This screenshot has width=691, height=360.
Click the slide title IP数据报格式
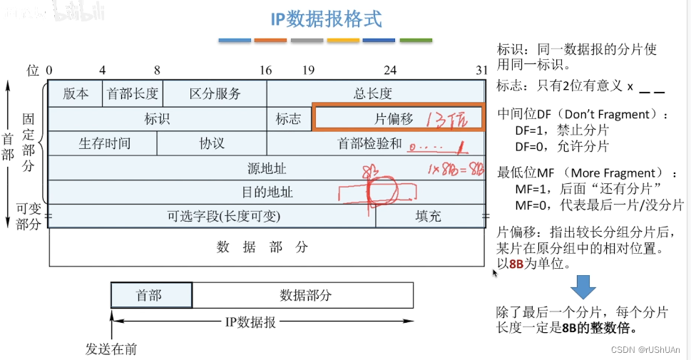tap(326, 18)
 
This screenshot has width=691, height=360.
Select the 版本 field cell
tap(76, 93)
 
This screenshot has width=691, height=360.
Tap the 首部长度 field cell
tap(133, 93)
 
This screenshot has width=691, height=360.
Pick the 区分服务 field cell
tap(215, 93)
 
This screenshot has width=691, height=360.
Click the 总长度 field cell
tap(373, 93)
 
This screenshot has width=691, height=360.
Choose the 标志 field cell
tap(288, 119)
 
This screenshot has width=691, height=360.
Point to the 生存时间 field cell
tap(104, 143)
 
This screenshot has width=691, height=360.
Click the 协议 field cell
tap(212, 143)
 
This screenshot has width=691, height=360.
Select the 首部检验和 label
tap(369, 143)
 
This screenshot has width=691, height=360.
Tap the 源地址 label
tap(267, 168)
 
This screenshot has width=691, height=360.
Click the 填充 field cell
tap(429, 216)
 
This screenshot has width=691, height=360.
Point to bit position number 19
tap(307, 71)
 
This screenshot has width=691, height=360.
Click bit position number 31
tap(482, 71)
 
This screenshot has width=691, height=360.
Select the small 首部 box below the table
tap(151, 295)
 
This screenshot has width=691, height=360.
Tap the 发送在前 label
tap(111, 349)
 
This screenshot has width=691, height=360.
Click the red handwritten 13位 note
tap(446, 119)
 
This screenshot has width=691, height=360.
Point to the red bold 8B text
tap(521, 263)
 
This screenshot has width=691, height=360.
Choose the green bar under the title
tap(416, 41)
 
